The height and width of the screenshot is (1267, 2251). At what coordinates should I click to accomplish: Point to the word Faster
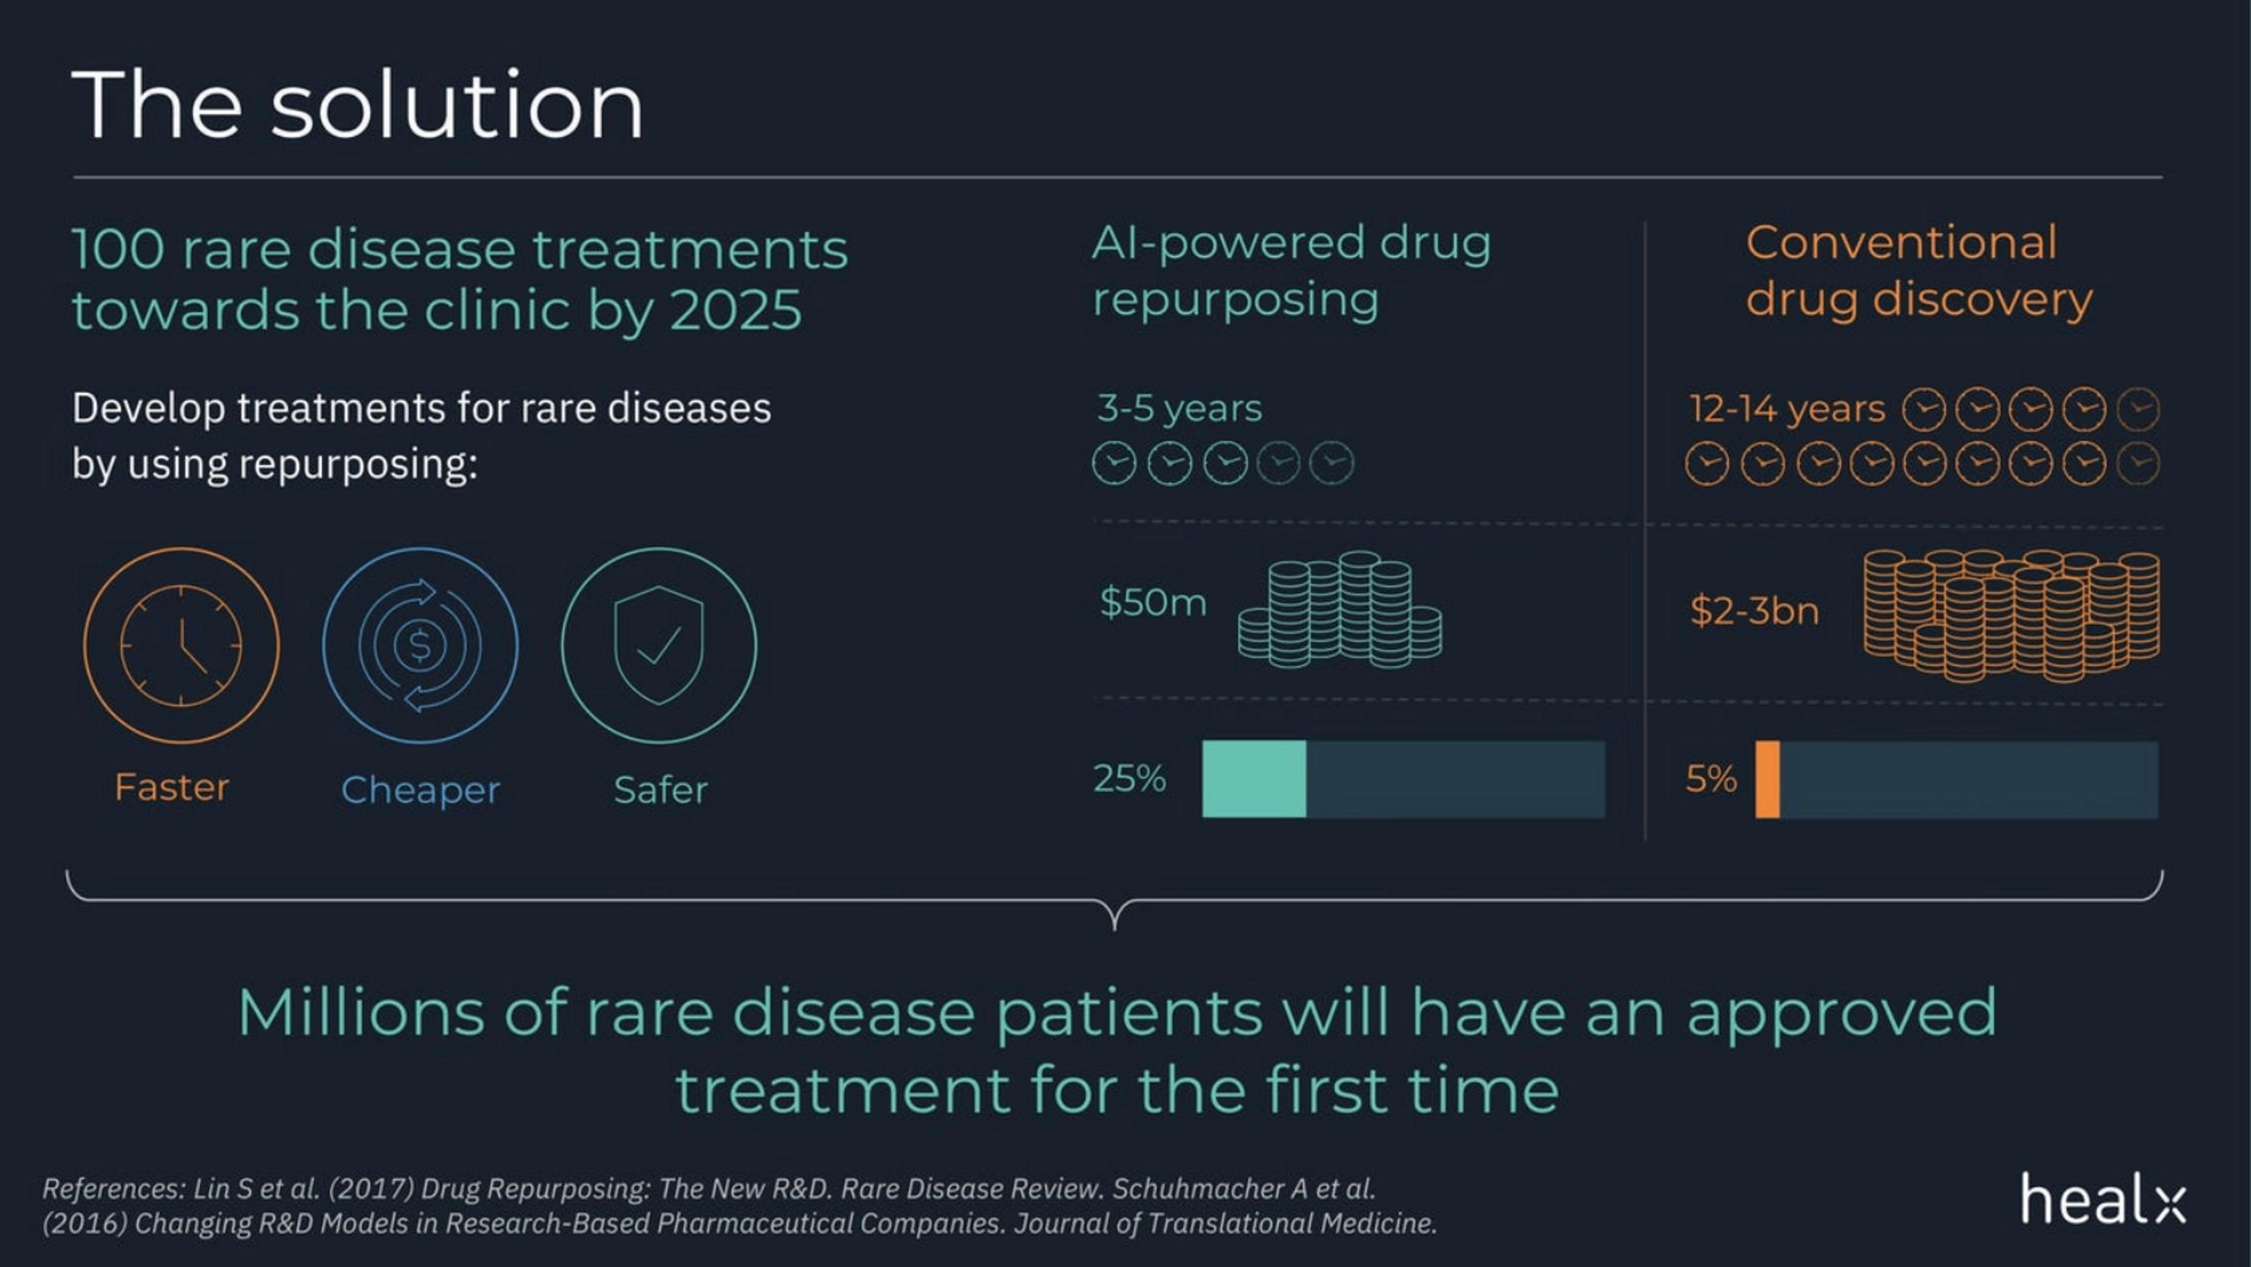172,787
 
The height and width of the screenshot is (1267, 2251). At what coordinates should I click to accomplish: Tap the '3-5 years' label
1179,408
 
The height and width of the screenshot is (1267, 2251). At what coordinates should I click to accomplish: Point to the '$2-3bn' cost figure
1754,611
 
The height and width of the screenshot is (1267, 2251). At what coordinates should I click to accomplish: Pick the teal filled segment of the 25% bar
1254,779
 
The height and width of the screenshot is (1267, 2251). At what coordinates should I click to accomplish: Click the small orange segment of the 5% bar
1767,779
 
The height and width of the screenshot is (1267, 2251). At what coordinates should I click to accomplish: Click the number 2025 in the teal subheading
735,310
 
